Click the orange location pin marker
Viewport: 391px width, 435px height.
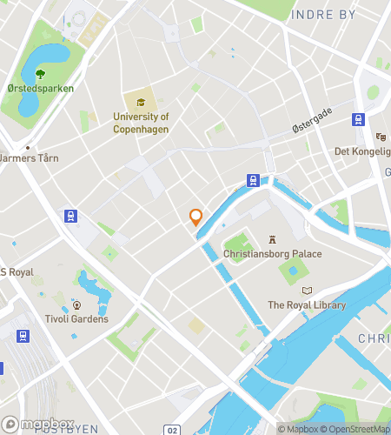tap(196, 217)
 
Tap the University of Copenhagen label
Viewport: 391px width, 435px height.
tap(141, 123)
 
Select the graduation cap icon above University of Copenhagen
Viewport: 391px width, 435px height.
tap(141, 103)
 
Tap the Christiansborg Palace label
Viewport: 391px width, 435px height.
tap(272, 254)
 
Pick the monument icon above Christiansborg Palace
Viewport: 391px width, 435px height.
tap(272, 238)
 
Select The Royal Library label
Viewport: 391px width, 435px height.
tap(306, 304)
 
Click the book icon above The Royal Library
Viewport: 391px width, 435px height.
tap(306, 290)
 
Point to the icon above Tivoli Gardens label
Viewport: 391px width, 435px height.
tap(77, 304)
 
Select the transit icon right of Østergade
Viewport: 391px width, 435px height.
tap(357, 119)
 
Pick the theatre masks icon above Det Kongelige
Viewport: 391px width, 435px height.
tap(380, 137)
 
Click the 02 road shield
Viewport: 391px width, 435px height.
tap(173, 430)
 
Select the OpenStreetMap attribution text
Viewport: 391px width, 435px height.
tap(355, 428)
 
